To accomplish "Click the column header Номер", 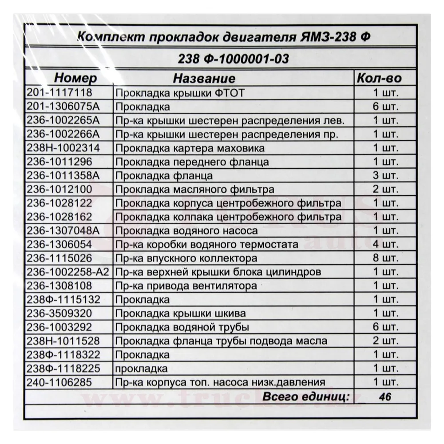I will pos(75,79).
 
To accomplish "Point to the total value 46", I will pos(385,396).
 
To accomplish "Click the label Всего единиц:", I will pos(306,396).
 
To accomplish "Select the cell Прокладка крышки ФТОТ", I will pos(179,93).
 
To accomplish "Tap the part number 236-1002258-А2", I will pos(67,272).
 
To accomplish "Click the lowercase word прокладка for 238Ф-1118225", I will pos(141,368).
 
